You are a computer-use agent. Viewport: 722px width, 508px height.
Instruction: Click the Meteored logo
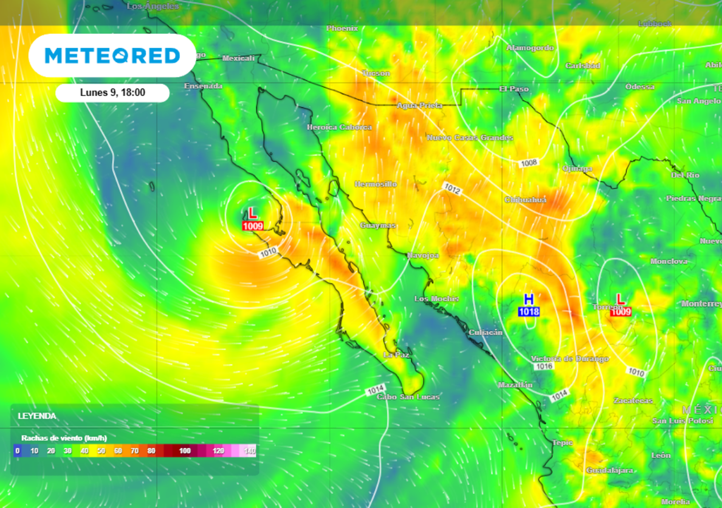coord(112,55)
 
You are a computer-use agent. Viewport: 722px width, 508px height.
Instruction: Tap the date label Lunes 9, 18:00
coord(112,93)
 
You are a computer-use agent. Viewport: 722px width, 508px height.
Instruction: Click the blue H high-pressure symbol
coord(529,300)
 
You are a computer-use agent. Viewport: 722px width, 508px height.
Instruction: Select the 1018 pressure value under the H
coord(530,312)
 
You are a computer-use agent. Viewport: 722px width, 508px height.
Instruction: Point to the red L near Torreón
coord(620,300)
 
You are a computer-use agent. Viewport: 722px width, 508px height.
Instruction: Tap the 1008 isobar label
coord(529,163)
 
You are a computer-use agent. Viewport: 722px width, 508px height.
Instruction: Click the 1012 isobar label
coord(453,188)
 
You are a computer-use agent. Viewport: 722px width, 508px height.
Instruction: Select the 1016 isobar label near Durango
coord(543,366)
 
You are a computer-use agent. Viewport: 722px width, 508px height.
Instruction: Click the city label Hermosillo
coord(376,183)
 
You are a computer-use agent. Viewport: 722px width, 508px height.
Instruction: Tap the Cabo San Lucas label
coord(408,397)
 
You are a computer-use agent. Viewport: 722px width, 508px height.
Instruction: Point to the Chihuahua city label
coord(525,200)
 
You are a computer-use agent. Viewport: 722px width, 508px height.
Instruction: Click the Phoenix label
coord(343,28)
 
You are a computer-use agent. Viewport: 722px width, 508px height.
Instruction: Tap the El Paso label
coord(513,89)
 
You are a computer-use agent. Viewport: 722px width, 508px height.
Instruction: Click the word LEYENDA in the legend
coord(37,416)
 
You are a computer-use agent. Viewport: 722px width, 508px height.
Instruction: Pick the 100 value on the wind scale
coord(185,450)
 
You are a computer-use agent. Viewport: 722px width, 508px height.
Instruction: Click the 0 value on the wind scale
coord(17,450)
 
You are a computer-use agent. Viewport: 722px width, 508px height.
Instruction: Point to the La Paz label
coord(396,354)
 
